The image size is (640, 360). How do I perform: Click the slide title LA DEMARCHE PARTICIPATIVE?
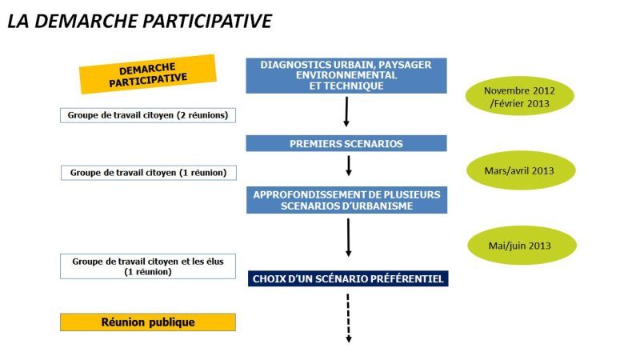pos(139,21)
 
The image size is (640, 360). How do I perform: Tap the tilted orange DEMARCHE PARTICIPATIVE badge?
pos(148,74)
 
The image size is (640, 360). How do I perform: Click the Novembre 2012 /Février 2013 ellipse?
pos(520,98)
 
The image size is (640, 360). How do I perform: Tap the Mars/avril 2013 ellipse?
pos(520,170)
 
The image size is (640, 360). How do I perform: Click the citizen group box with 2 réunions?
pos(148,115)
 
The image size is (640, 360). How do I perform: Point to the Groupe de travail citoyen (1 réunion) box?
pos(148,172)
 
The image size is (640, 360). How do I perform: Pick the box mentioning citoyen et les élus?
pos(148,266)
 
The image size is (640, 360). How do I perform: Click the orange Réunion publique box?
pos(148,322)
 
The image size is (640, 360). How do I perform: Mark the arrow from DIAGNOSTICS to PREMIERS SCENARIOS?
pos(346,112)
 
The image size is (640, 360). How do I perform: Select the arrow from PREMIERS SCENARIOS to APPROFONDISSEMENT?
pos(349,166)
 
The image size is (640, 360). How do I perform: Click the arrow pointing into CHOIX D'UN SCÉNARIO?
pos(349,238)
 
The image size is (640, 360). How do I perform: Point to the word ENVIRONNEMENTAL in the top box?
pos(346,75)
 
